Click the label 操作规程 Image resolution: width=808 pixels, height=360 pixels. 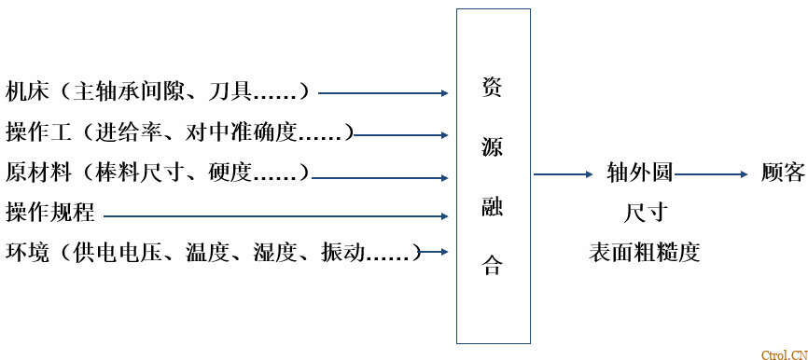50,213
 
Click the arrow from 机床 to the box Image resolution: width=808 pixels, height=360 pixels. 383,93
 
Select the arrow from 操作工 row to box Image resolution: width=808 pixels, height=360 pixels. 401,133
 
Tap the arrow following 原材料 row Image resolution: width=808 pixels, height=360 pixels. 379,174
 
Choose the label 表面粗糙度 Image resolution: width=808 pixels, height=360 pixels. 644,253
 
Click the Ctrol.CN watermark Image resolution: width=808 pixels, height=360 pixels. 783,353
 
